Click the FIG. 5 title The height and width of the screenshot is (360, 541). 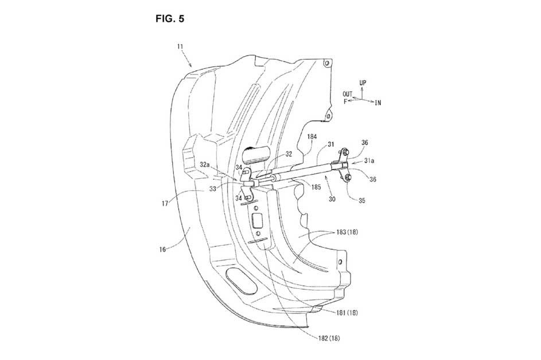pos(170,18)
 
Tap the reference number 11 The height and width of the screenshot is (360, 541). pos(180,46)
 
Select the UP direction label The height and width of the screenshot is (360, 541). pos(363,83)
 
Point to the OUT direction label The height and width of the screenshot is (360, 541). pos(348,94)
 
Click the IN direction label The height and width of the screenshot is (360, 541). pos(378,103)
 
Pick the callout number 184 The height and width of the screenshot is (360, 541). pos(312,136)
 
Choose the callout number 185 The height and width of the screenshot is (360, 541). pos(316,187)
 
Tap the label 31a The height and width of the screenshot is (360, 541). pos(369,161)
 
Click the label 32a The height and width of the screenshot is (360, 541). pos(205,165)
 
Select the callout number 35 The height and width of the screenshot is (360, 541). pos(361,200)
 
